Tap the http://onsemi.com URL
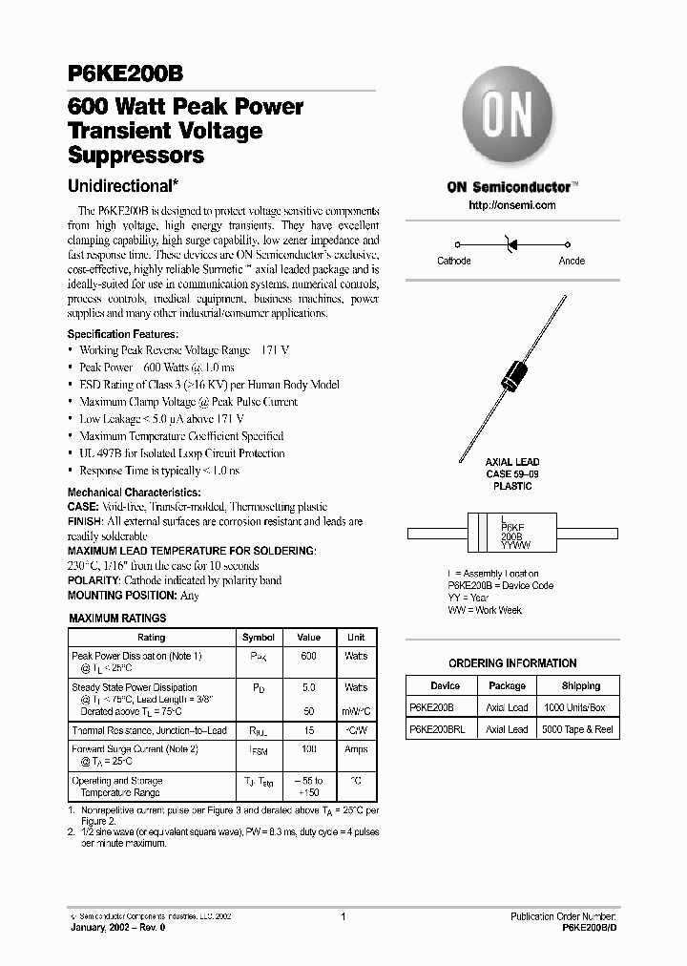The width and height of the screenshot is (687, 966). click(x=512, y=205)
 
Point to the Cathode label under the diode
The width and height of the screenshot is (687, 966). click(x=453, y=261)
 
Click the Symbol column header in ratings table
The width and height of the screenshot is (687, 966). click(x=259, y=637)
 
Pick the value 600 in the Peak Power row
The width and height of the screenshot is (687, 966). click(x=308, y=657)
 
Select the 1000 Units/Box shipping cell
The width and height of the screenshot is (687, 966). click(x=574, y=707)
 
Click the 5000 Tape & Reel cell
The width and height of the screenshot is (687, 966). click(x=576, y=729)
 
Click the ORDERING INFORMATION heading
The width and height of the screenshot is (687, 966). click(x=512, y=663)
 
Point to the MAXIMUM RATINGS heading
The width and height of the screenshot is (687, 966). click(x=117, y=619)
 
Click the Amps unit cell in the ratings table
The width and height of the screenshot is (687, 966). click(x=355, y=750)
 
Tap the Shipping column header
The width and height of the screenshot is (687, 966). click(x=580, y=685)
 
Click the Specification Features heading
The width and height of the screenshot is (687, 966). click(x=122, y=334)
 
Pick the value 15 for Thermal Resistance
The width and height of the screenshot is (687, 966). click(x=308, y=730)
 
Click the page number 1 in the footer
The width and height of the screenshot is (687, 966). click(x=343, y=915)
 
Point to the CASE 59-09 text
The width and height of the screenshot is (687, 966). click(x=512, y=473)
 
